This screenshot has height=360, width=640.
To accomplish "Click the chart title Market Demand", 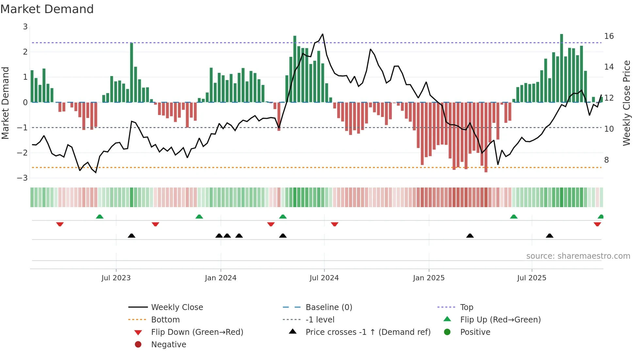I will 47,9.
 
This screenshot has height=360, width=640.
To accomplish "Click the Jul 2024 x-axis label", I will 324,278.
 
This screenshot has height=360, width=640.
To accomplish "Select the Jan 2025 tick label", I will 428,278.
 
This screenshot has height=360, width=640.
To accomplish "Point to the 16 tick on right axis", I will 609,36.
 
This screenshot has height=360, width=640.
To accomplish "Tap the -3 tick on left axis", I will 22,178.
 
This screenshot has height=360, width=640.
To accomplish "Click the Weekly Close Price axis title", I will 626,103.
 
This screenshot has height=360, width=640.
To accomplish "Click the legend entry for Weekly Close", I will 177,307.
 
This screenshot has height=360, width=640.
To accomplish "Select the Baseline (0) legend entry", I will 328,307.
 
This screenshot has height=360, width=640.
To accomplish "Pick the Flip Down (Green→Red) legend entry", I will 197,332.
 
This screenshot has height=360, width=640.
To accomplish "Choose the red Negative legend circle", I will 138,344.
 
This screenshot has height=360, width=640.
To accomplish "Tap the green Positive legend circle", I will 447,332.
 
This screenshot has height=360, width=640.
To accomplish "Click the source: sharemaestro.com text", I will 578,256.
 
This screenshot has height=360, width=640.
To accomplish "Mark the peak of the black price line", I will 323,34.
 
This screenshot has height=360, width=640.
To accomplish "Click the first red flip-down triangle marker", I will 60,224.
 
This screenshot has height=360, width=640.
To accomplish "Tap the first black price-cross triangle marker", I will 132,236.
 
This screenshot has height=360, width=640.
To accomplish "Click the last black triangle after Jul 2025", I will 550,236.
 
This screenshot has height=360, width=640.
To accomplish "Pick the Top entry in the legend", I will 466,307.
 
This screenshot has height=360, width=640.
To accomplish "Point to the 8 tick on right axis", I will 606,160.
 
